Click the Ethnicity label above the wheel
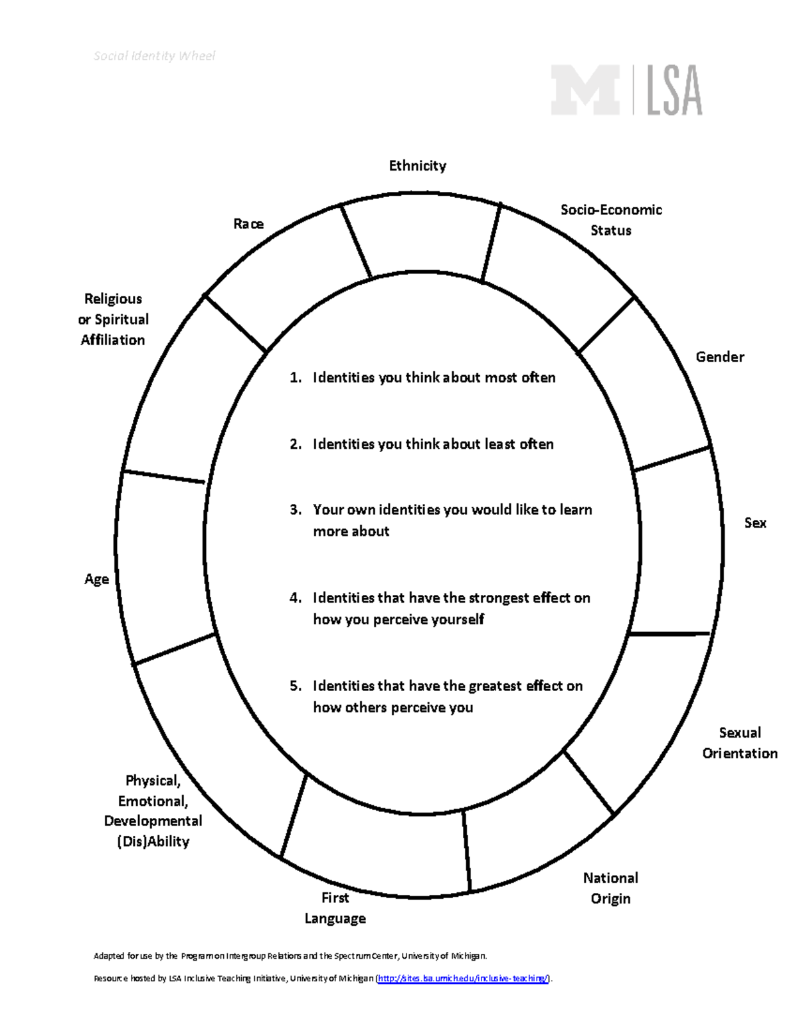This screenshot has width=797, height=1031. tap(417, 166)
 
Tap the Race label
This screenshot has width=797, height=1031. tap(248, 224)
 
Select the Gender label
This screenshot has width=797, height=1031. tap(719, 357)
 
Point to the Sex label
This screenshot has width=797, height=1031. tap(755, 523)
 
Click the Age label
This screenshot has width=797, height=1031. tap(96, 580)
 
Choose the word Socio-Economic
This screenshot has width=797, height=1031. tap(611, 210)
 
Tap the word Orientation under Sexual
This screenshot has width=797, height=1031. tap(740, 753)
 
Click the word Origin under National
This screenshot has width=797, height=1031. tap(610, 899)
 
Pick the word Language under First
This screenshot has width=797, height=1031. tap(335, 919)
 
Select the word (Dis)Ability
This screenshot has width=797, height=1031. tap(153, 842)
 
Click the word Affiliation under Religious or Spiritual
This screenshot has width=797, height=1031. tap(113, 340)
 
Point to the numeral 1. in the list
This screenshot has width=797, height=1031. tap(296, 378)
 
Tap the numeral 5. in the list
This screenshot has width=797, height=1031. tap(296, 686)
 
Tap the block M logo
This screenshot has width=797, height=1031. tap(585, 90)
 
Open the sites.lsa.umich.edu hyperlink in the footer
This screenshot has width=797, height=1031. tap(463, 979)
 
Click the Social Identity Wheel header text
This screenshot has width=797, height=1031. tap(154, 56)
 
